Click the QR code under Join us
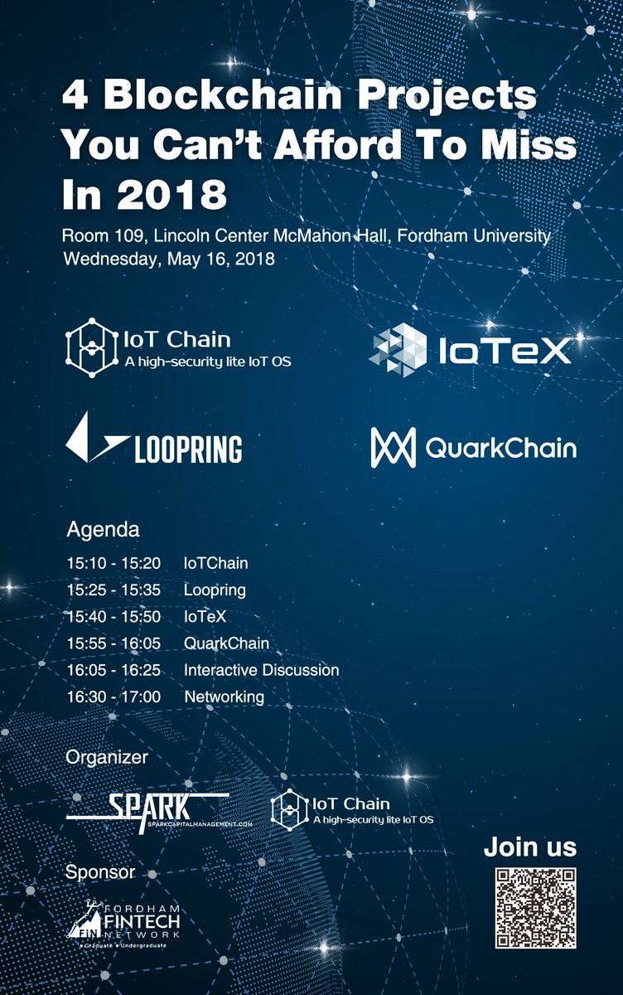coord(535,908)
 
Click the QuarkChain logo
coord(473,449)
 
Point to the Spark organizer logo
coord(147,807)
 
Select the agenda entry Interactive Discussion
coord(261,670)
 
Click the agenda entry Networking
coord(224,696)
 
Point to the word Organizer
coord(107,757)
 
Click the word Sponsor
coord(99,871)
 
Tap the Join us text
coord(530,847)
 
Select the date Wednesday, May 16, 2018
coord(169,259)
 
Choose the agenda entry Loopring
coord(215,590)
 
